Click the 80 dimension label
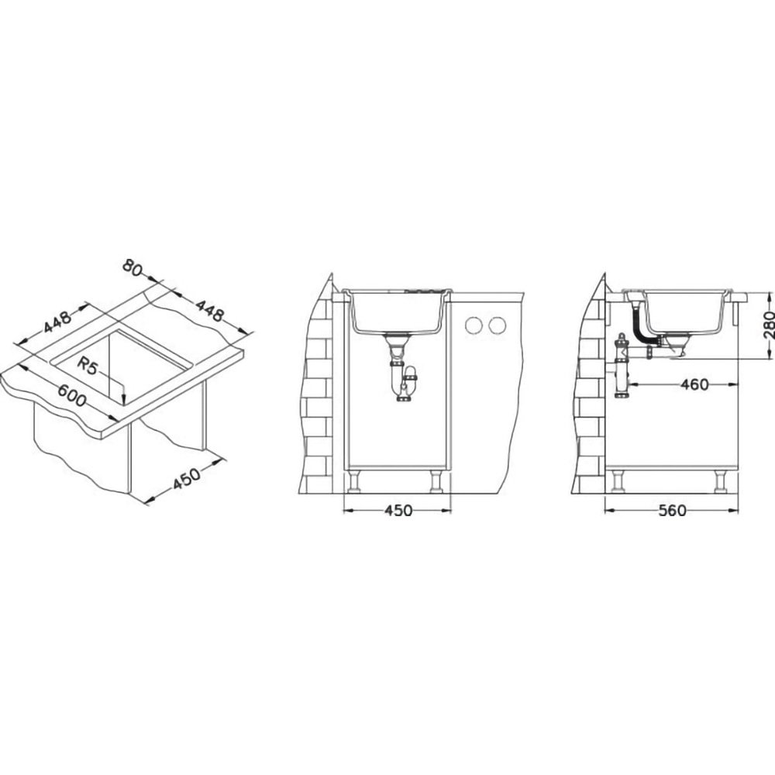click(x=132, y=268)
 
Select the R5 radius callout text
click(x=88, y=353)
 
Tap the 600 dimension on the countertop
click(x=71, y=395)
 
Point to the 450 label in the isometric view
click(x=187, y=478)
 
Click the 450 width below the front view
click(x=398, y=510)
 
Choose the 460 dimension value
click(x=694, y=384)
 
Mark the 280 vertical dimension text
click(x=769, y=324)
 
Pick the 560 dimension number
click(x=672, y=510)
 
